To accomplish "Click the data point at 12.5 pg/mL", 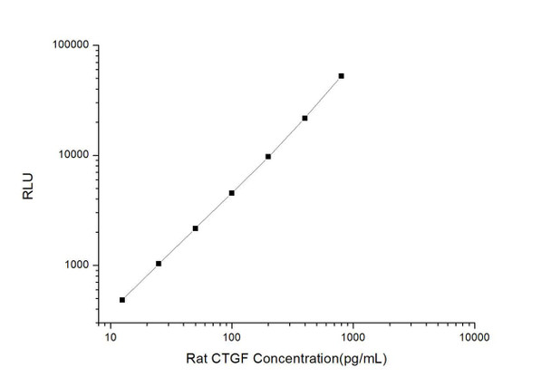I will coord(122,299).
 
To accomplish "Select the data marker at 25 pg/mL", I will coord(159,264).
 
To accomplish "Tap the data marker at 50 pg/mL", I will coord(196,228).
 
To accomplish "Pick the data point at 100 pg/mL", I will coord(232,193).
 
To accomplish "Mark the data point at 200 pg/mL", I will coord(268,156).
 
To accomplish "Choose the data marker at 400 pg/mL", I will coord(305,118).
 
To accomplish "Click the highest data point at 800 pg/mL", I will coord(342,76).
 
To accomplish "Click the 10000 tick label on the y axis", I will coord(72,155).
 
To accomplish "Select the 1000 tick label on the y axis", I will coord(74,266).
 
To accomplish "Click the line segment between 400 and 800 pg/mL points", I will coord(324,97).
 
